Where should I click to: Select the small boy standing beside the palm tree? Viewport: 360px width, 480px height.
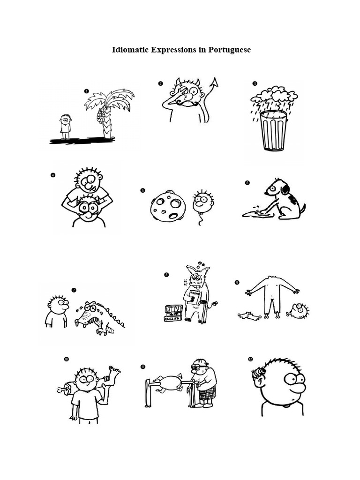click(x=65, y=126)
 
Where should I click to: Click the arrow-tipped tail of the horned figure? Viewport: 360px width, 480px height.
click(x=214, y=83)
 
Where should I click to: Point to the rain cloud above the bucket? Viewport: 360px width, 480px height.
click(x=274, y=96)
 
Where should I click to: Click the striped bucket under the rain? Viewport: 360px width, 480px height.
click(x=273, y=130)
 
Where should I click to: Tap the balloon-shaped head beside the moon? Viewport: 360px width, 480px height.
click(x=203, y=202)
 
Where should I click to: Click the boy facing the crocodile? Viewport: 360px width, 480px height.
click(x=57, y=311)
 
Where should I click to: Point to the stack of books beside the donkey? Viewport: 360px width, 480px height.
click(x=173, y=313)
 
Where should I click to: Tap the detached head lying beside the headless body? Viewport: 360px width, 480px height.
click(x=299, y=310)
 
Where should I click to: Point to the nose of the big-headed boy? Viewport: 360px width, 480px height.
click(x=298, y=388)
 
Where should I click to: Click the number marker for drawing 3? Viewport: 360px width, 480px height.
click(x=255, y=84)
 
